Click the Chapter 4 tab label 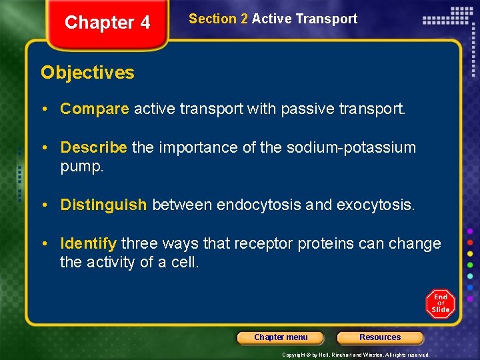click(x=107, y=23)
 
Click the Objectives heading click(x=87, y=73)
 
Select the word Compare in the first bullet click(x=94, y=109)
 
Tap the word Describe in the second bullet click(x=93, y=147)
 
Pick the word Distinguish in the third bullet click(x=103, y=205)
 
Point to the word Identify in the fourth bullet click(x=88, y=243)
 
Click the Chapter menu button click(x=281, y=337)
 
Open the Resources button click(x=380, y=337)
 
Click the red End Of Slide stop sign click(x=440, y=303)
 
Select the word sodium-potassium click(x=351, y=147)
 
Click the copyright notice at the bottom click(x=355, y=355)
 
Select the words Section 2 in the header click(x=218, y=19)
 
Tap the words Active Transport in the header click(x=305, y=19)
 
